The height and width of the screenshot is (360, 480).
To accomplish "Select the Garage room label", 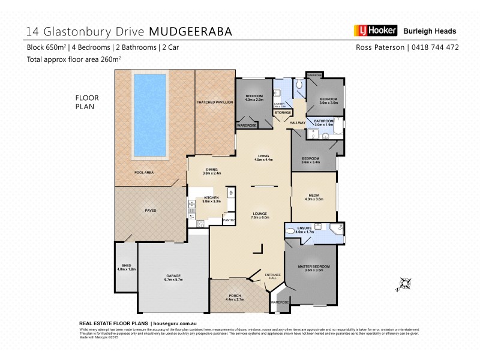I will (x=173, y=276).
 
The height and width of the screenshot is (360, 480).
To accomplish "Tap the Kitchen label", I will (x=212, y=198).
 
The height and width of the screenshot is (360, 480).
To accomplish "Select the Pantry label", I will (x=228, y=220).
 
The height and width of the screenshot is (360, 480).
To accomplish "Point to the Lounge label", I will (x=259, y=214).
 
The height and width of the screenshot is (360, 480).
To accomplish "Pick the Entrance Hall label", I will (x=272, y=277).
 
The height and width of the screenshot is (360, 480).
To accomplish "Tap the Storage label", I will (x=282, y=112).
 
